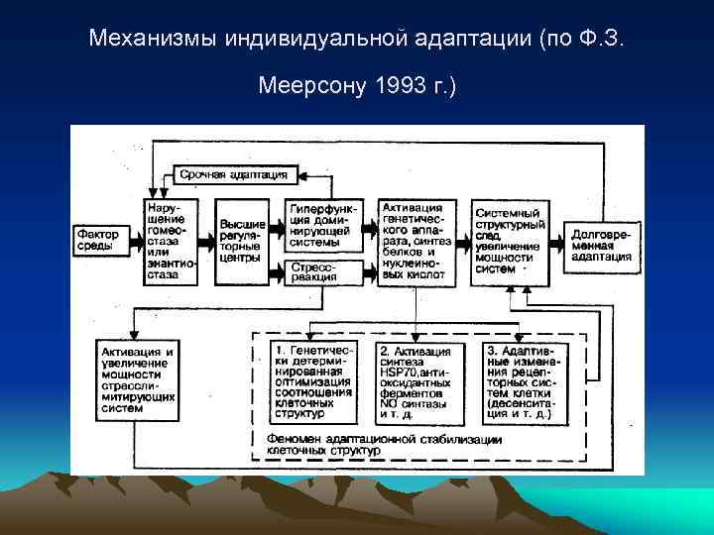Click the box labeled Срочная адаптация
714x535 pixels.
pyautogui.click(x=233, y=174)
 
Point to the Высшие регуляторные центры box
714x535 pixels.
pyautogui.click(x=242, y=240)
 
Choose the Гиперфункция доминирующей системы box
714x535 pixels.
pyautogui.click(x=323, y=226)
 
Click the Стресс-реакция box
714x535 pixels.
pyautogui.click(x=323, y=271)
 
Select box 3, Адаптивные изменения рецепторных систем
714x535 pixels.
pyautogui.click(x=527, y=382)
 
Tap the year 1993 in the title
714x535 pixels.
pyautogui.click(x=398, y=87)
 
